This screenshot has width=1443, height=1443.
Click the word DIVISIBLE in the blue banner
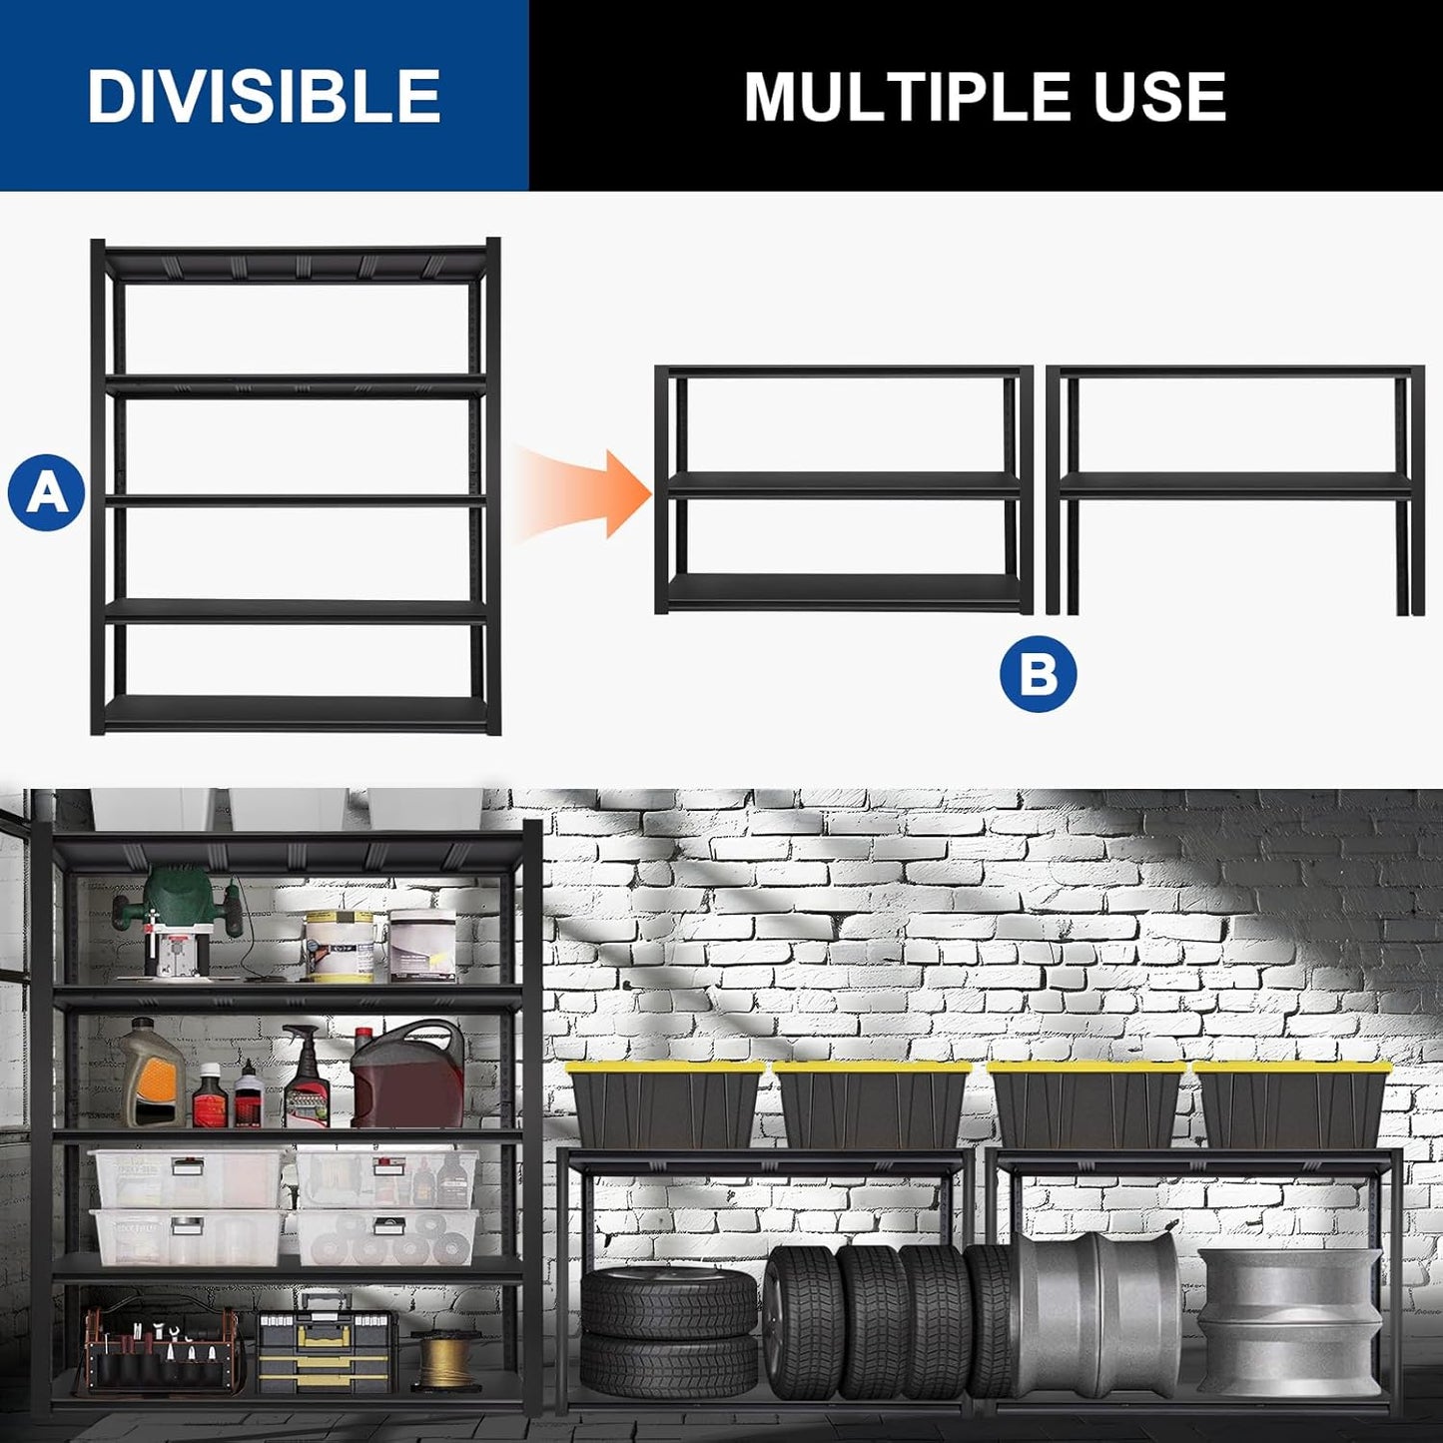click(x=264, y=97)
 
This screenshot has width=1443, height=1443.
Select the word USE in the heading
click(x=1159, y=97)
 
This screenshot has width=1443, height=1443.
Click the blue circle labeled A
click(x=46, y=492)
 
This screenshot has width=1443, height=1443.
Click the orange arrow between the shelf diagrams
click(x=584, y=493)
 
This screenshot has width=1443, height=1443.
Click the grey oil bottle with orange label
click(x=152, y=1075)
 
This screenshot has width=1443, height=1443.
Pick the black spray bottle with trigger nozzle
click(x=305, y=1079)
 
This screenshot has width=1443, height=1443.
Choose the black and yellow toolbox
click(x=327, y=1342)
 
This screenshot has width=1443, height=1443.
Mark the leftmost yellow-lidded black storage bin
click(x=664, y=1104)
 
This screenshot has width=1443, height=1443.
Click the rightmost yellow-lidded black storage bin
click(x=1293, y=1104)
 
